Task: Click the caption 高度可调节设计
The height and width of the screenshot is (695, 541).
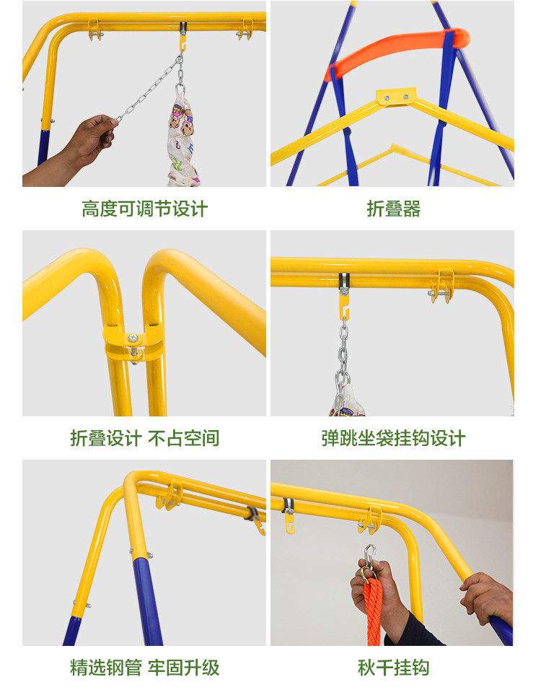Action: (144, 209)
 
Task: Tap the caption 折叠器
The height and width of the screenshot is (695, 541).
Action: (393, 209)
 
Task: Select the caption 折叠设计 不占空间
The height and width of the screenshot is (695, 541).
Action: (144, 438)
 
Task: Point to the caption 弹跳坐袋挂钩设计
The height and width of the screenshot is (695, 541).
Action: (393, 438)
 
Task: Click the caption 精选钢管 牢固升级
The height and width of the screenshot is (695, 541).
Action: (144, 668)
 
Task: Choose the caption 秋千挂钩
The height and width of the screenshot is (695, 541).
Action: (393, 668)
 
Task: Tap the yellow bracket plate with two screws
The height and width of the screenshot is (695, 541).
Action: (396, 96)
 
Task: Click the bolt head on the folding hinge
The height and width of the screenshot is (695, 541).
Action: (133, 338)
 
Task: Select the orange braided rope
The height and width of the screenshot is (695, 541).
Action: (373, 613)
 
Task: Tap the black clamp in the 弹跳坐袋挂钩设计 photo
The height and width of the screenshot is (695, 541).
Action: (344, 280)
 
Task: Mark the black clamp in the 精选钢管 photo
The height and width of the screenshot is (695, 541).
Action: (253, 514)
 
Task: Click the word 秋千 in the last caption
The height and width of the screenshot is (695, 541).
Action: (375, 668)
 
